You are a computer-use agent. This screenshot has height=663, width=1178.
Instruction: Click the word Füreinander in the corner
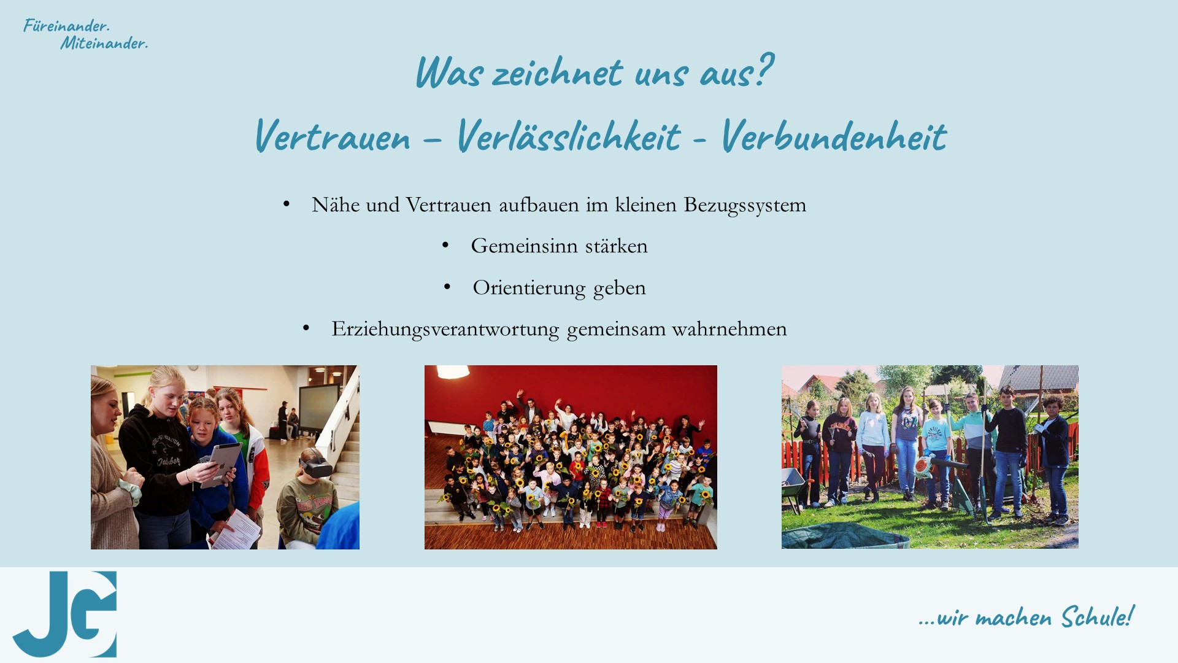coord(66,26)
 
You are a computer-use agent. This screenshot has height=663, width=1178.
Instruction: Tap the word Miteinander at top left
coord(104,43)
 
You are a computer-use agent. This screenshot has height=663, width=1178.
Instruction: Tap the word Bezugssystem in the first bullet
coord(745,205)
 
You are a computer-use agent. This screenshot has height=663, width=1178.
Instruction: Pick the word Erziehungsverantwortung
coord(445,329)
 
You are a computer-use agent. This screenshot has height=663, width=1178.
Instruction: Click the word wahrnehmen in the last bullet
coord(730,329)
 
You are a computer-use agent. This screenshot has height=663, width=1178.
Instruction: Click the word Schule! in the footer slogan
coord(1098,616)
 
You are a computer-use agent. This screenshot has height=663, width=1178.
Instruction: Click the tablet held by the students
coord(221,465)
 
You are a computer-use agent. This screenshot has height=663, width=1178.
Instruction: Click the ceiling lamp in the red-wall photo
coord(453,371)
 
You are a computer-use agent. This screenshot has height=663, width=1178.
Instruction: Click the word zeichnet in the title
coord(557,72)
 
